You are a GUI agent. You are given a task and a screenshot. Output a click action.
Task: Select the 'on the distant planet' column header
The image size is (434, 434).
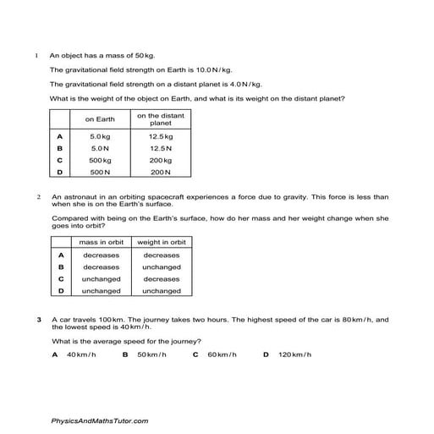[x=161, y=119]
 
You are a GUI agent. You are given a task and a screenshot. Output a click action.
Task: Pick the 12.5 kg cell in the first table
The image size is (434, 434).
[x=161, y=135]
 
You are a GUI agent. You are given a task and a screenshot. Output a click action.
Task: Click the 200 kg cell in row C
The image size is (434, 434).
[x=161, y=160]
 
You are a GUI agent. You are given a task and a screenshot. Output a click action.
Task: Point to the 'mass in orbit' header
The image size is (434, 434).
[x=101, y=243]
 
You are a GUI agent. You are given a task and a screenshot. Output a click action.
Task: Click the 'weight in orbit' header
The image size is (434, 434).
[x=161, y=243]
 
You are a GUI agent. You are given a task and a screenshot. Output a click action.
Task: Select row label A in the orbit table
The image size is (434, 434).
[x=61, y=255]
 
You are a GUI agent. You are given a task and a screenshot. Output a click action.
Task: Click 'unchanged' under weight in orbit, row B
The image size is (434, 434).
[x=161, y=266]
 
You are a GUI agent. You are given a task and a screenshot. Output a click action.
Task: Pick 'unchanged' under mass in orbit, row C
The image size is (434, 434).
[x=101, y=278]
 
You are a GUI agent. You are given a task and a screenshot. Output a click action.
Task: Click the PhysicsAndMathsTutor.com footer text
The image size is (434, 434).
[x=99, y=420]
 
